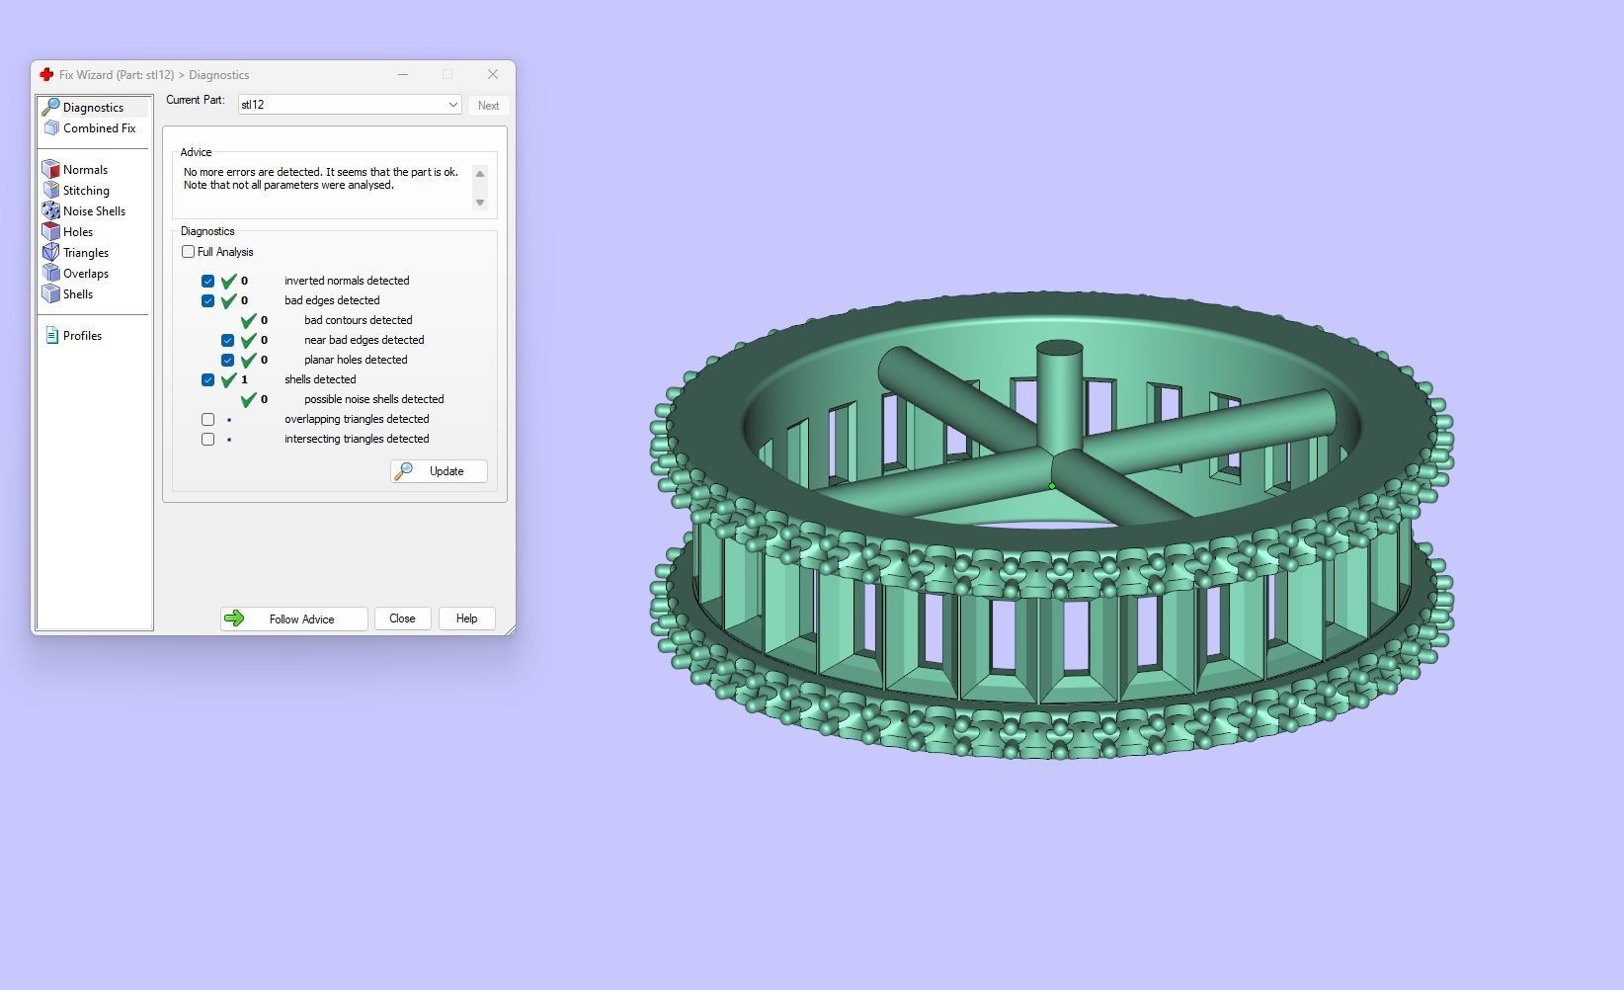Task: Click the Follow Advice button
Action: tap(293, 619)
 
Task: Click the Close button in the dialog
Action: tap(402, 619)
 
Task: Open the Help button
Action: tap(466, 619)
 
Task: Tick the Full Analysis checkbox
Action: tap(189, 252)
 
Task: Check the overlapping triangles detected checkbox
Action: tap(207, 419)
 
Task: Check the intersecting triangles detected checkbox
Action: tap(207, 439)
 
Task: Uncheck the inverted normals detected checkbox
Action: tap(207, 281)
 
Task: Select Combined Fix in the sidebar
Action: tap(98, 128)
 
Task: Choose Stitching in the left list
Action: tap(86, 191)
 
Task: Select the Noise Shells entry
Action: tap(93, 211)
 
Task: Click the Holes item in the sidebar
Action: tap(77, 232)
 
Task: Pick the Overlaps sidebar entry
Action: tap(85, 274)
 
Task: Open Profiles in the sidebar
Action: tap(81, 336)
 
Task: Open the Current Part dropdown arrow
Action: tap(452, 105)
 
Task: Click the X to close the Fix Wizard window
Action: tap(493, 74)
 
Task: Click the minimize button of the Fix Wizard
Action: tap(403, 74)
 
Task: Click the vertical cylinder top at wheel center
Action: tap(1059, 351)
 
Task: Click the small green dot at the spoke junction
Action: tap(1052, 486)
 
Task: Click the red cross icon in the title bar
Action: tap(46, 75)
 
